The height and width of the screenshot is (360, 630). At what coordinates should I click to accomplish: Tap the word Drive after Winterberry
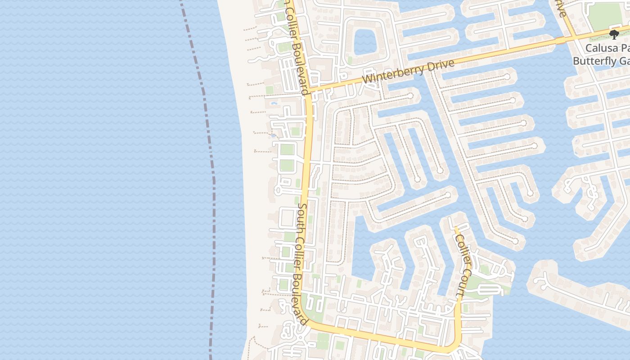point(436,65)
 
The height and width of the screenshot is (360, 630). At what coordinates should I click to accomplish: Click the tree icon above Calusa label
point(614,34)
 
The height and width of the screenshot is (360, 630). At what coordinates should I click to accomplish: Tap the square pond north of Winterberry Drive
point(365,41)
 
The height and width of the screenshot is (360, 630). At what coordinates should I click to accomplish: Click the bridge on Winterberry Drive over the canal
point(560,41)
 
